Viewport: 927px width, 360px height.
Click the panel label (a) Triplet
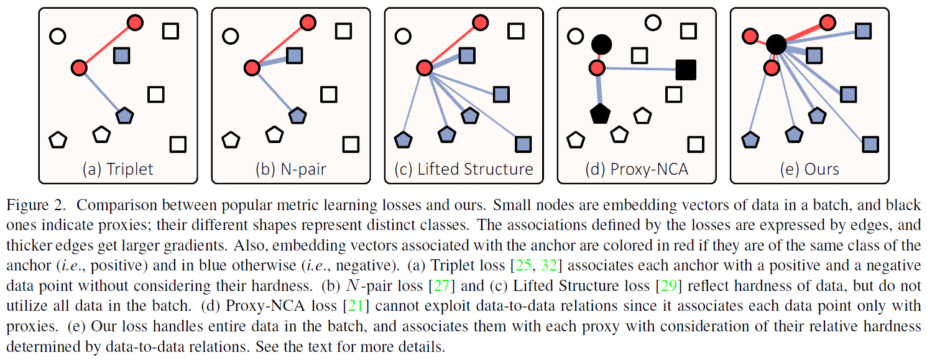point(118,168)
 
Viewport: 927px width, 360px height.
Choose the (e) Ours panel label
point(808,168)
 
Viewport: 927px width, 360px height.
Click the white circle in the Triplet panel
point(57,36)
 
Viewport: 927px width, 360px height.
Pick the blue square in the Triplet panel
point(122,56)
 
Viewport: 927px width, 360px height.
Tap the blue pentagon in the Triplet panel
point(124,115)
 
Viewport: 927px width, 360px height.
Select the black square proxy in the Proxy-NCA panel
point(686,69)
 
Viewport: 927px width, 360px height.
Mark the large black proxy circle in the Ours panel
point(776,44)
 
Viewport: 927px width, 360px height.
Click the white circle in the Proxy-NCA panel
point(652,23)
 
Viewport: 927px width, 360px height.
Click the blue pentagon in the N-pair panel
point(297,115)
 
